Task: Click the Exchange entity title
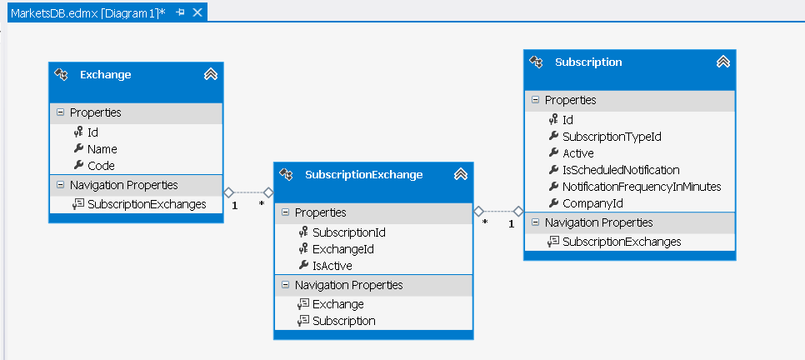click(x=105, y=75)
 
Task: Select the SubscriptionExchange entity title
click(x=363, y=175)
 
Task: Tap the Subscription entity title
click(x=588, y=62)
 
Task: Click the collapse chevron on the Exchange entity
click(x=211, y=74)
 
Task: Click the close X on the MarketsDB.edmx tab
click(x=197, y=12)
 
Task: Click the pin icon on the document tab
click(x=180, y=12)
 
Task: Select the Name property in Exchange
click(x=102, y=149)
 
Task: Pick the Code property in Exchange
click(x=101, y=166)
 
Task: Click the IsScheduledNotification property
click(x=621, y=170)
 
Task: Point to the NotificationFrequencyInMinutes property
click(x=642, y=187)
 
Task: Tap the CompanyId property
click(x=593, y=203)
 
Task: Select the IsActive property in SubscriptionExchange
click(x=332, y=266)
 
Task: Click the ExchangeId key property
click(x=343, y=250)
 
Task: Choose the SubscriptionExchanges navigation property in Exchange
click(x=147, y=204)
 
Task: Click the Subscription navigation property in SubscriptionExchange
click(x=344, y=321)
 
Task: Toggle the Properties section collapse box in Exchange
click(x=60, y=112)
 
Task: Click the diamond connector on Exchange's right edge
click(x=229, y=192)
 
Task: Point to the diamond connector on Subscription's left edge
click(x=518, y=211)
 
